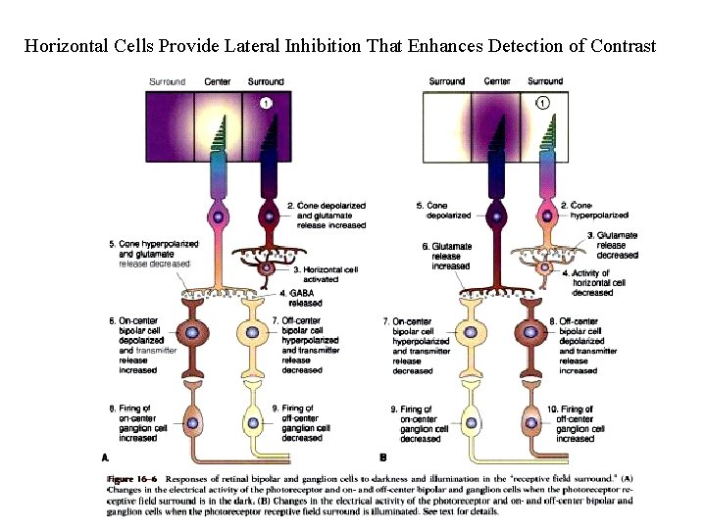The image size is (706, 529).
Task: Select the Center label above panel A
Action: coord(218,81)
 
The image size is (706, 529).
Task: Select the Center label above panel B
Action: coord(497,81)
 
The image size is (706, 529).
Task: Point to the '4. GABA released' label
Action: coord(303,298)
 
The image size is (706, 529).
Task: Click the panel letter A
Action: coord(105,457)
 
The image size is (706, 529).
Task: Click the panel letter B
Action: coord(383,457)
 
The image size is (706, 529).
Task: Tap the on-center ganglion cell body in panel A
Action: coord(192,423)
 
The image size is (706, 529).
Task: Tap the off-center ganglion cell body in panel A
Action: coord(253,423)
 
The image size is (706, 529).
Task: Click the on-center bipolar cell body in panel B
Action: coord(471,333)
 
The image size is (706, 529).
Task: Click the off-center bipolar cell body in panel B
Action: coord(532,333)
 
